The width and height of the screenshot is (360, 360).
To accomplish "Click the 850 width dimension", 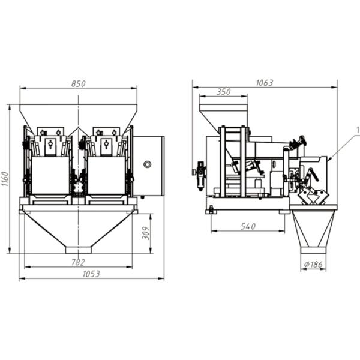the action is click(x=78, y=84).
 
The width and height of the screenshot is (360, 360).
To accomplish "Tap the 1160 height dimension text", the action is click(x=5, y=179).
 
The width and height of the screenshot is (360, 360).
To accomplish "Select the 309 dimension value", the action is click(x=146, y=233).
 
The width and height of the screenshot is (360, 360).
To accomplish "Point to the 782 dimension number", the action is click(x=78, y=262).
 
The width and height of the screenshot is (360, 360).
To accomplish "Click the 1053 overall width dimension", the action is click(x=91, y=274).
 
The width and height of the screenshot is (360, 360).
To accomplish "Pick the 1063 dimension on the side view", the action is click(x=265, y=83).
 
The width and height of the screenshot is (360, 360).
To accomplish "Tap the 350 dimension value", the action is click(x=224, y=92).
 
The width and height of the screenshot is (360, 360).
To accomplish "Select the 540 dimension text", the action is click(x=248, y=227).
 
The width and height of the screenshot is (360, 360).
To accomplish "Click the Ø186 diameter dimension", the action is click(x=313, y=265).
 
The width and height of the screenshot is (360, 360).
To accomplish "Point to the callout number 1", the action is click(x=358, y=130).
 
